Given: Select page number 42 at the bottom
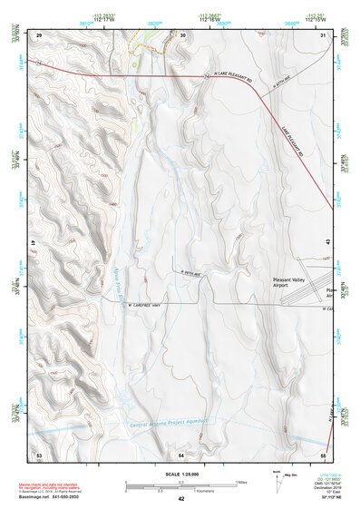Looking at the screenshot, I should tap(181, 498).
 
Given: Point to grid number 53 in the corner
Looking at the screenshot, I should tap(39, 453).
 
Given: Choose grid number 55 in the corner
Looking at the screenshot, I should tap(324, 453).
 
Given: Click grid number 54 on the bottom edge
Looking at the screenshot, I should tap(181, 453).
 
